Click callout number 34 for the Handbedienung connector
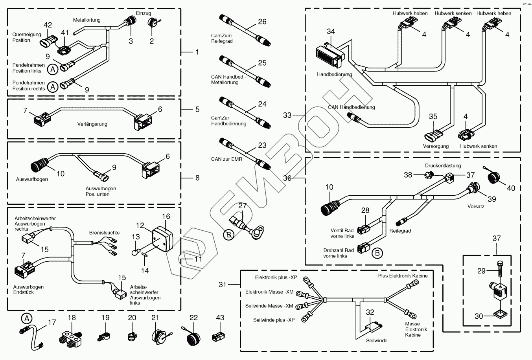click(331, 31)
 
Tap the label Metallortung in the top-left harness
click(87, 20)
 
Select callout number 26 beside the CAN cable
click(262, 22)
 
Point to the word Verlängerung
click(92, 124)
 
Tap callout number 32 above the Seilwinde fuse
click(370, 312)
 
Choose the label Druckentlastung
click(443, 166)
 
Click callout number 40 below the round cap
click(510, 188)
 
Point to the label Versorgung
click(436, 146)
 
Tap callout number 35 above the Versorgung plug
click(433, 116)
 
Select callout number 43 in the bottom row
click(221, 318)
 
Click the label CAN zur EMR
click(227, 159)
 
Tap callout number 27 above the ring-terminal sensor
click(242, 206)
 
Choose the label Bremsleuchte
click(104, 233)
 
